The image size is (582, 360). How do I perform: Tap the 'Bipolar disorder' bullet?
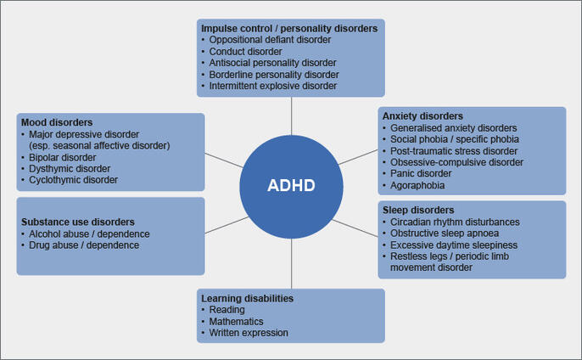(63, 157)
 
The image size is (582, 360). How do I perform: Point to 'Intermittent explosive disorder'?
(273, 86)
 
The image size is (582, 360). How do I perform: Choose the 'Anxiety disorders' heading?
(423, 115)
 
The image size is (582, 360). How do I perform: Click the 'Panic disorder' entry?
(423, 173)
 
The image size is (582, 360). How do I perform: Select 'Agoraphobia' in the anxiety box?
(418, 185)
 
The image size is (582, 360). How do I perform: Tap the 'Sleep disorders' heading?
(417, 210)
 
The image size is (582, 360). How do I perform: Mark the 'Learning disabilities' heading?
(247, 298)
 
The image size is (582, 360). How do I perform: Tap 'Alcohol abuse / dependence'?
(89, 233)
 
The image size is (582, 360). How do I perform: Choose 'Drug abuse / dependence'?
(84, 245)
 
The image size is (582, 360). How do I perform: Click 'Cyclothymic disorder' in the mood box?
(74, 180)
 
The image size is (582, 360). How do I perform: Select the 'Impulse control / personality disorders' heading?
(288, 28)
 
